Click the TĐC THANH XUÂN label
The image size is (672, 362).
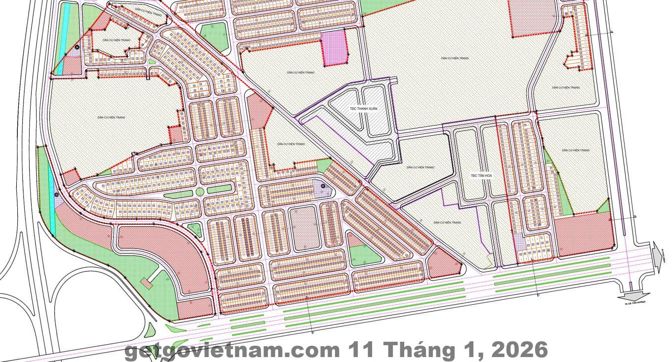point(363,108)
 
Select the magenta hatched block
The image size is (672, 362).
point(335,48)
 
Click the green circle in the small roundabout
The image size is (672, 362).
point(200,191)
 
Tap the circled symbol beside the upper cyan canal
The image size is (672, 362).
point(77,47)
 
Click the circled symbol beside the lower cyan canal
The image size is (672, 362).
point(57,194)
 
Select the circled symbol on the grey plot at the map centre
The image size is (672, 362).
point(323,186)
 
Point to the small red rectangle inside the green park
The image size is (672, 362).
point(146,282)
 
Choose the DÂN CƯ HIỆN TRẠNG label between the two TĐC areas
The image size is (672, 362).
point(420,167)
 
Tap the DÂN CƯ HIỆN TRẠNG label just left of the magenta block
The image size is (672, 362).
point(300,72)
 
